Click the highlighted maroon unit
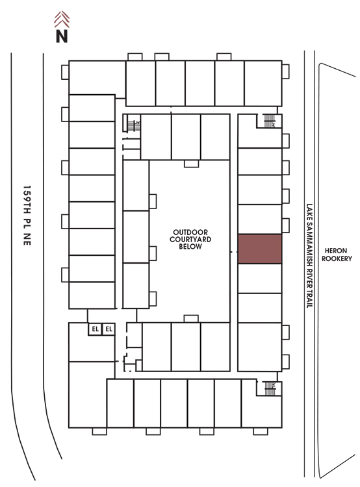(x=259, y=249)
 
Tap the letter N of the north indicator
(x=62, y=36)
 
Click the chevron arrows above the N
(x=62, y=19)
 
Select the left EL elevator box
(x=95, y=329)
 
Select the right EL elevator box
(x=109, y=329)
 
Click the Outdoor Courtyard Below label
(x=190, y=239)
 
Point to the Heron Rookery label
(x=337, y=255)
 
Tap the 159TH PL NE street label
(x=27, y=216)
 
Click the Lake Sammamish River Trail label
(x=309, y=256)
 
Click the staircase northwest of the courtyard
(x=134, y=126)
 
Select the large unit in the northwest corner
(x=97, y=77)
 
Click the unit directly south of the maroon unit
(x=259, y=279)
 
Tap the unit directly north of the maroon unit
(x=259, y=219)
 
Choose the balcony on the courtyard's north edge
(x=191, y=164)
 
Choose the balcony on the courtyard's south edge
(x=191, y=319)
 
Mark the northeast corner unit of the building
(x=263, y=83)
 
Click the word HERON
(x=336, y=251)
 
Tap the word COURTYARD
(x=190, y=239)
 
